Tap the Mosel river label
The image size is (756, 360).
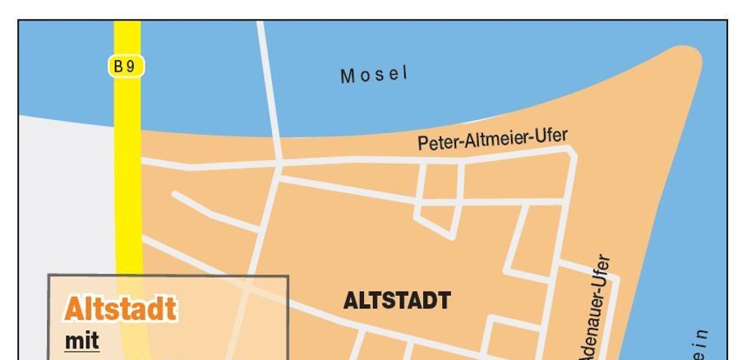tap(374, 76)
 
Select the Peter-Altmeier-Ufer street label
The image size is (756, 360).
tap(492, 139)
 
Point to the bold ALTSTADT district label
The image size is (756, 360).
tap(396, 301)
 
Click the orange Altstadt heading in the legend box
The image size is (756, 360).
tap(120, 310)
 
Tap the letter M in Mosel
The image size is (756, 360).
tap(347, 78)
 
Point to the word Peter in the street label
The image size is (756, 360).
tap(437, 143)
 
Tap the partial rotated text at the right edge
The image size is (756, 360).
tap(699, 345)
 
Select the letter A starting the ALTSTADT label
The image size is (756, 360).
tap(348, 301)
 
